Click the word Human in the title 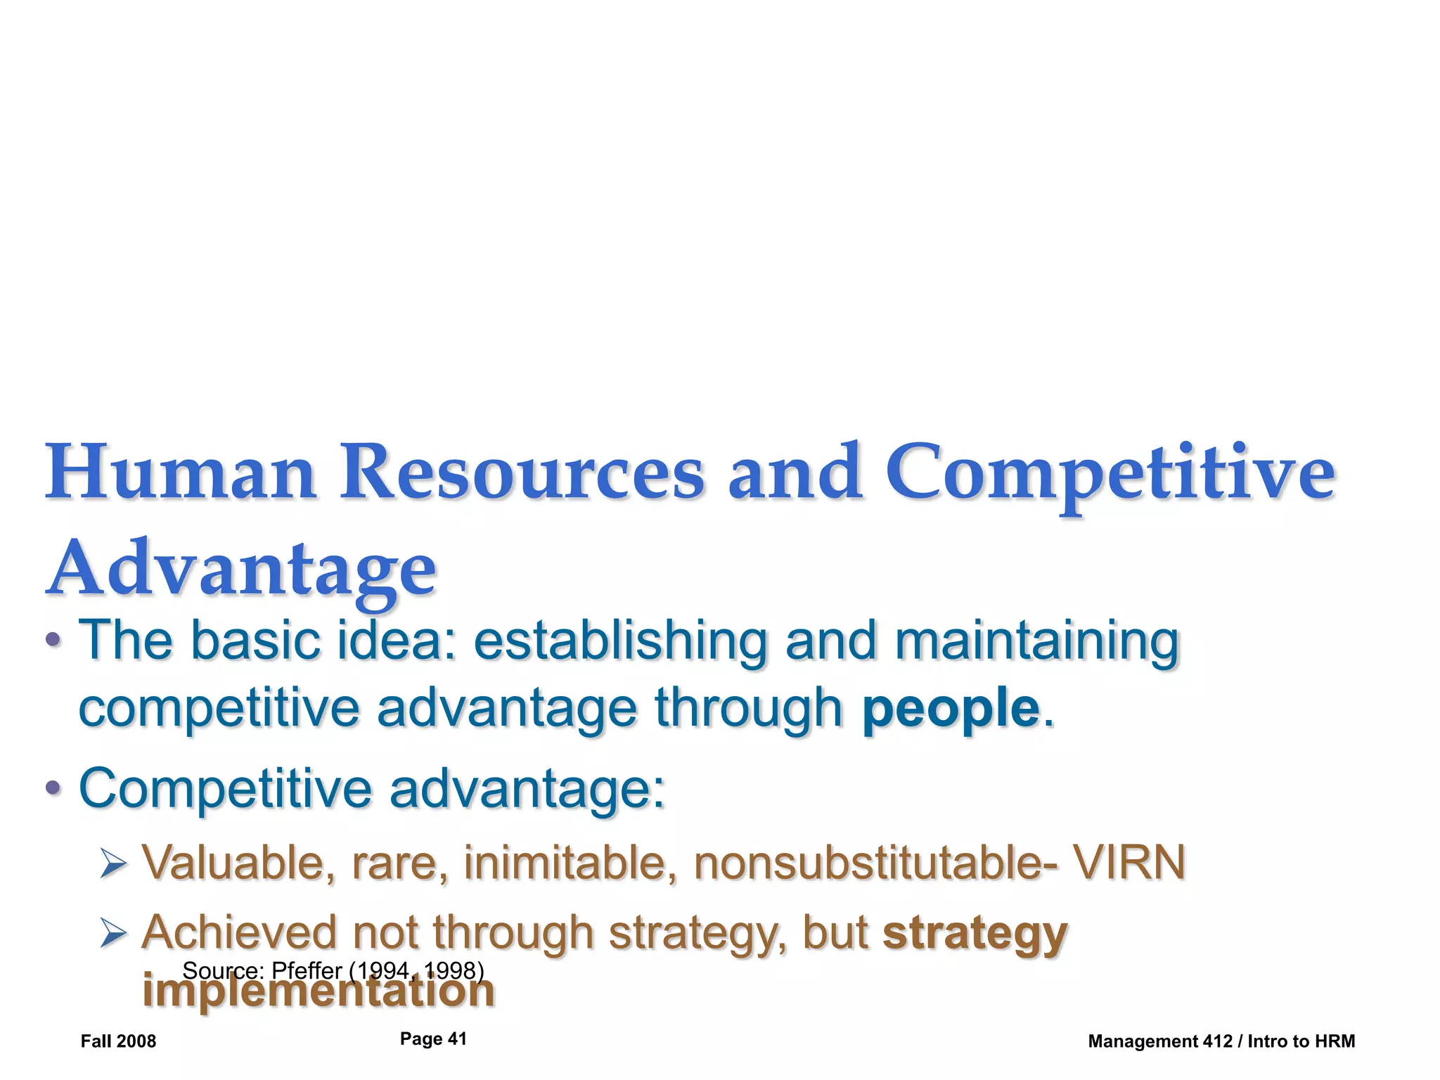181,472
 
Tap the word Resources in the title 522,472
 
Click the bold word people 951,708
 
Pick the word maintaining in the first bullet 1036,641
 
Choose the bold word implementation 319,991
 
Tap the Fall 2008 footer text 118,1041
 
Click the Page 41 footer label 433,1039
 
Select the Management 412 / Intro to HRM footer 1221,1041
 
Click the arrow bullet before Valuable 113,863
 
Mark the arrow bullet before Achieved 113,934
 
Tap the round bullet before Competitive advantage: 53,789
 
